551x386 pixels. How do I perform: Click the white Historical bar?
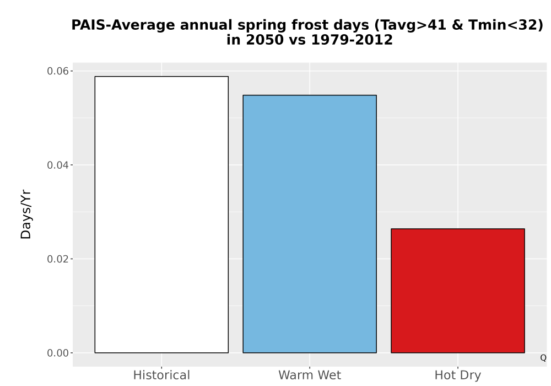point(161,215)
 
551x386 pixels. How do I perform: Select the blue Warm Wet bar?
point(310,223)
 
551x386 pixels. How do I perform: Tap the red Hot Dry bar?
point(457,291)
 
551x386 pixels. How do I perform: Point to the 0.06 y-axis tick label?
point(58,71)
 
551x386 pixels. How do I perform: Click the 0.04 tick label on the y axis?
point(58,165)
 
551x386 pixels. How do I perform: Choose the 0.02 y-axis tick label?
point(58,259)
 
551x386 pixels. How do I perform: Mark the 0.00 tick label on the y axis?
point(58,352)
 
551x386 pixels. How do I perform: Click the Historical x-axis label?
point(161,375)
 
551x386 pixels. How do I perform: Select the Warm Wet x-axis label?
point(310,375)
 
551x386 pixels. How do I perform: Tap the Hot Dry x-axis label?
point(457,376)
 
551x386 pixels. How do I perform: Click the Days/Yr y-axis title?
point(26,215)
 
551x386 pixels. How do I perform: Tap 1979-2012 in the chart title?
point(352,40)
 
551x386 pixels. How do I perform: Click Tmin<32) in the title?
point(506,25)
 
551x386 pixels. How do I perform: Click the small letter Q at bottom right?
point(543,358)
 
